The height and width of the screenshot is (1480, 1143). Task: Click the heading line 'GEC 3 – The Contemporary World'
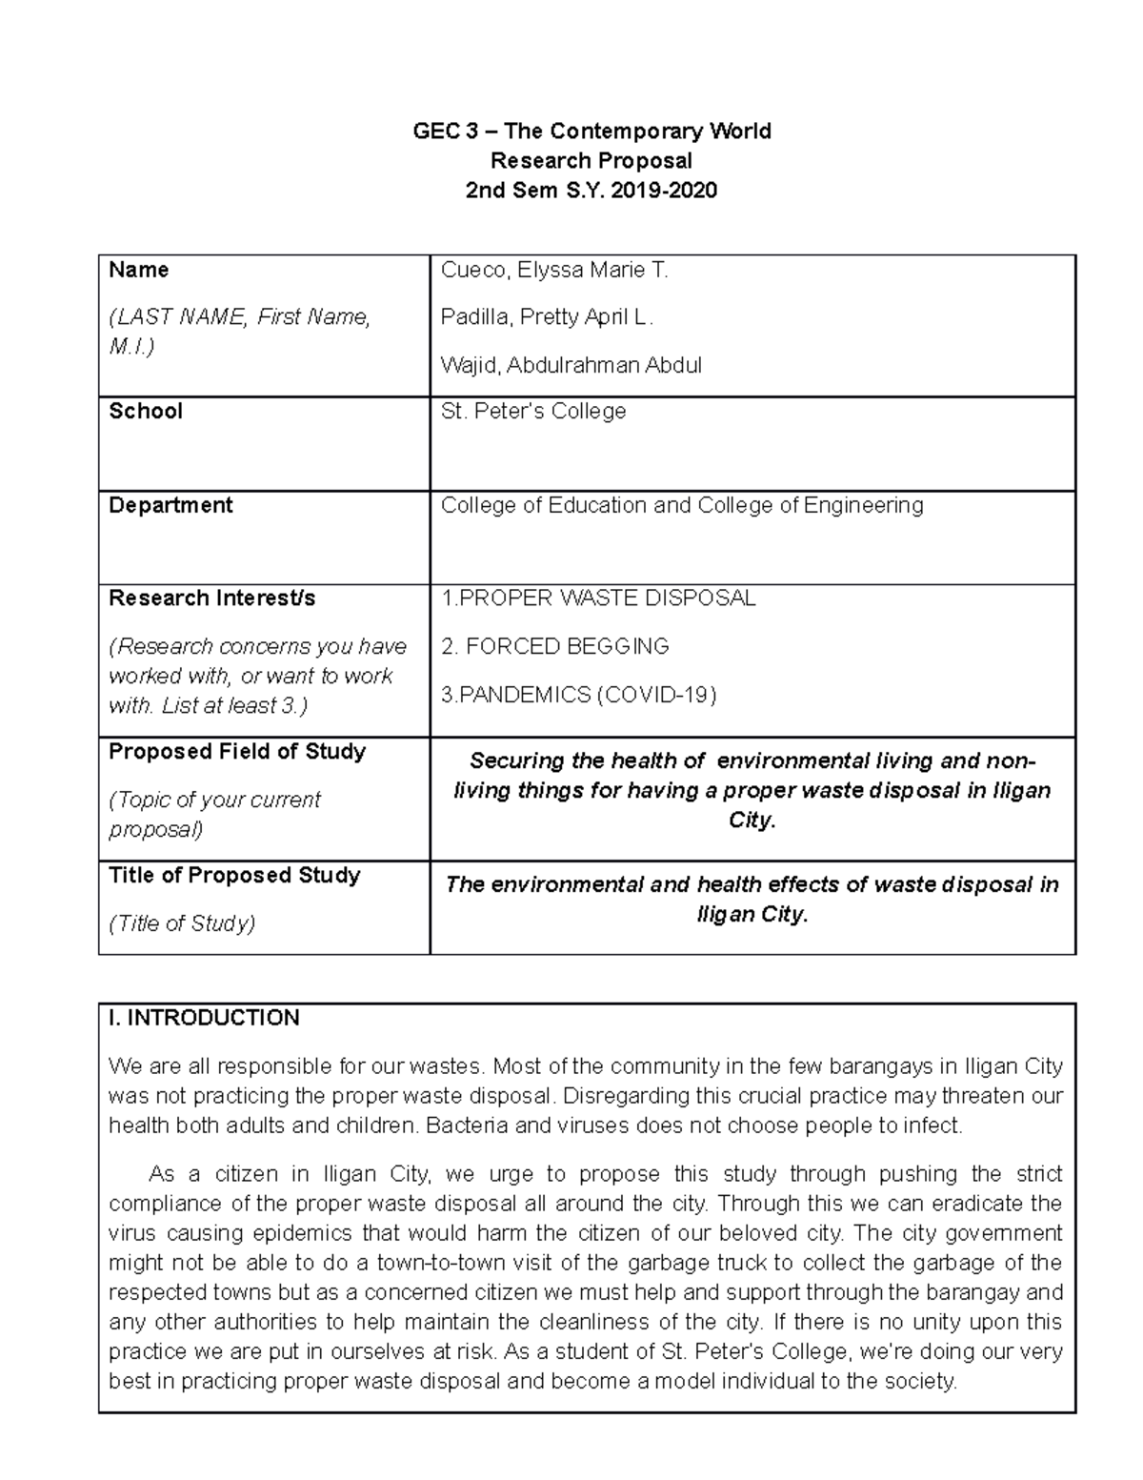pyautogui.click(x=591, y=132)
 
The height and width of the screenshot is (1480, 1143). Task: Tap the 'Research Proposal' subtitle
pyautogui.click(x=591, y=161)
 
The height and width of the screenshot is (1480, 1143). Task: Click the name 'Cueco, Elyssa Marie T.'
pyautogui.click(x=554, y=271)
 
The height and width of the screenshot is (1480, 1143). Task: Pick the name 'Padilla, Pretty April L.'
pyautogui.click(x=547, y=317)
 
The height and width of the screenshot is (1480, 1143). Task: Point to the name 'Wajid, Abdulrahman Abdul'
pyautogui.click(x=571, y=365)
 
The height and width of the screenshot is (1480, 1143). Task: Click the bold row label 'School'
pyautogui.click(x=146, y=412)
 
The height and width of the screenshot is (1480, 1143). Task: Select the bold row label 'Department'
pyautogui.click(x=170, y=505)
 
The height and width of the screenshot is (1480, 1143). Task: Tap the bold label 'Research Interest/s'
pyautogui.click(x=211, y=598)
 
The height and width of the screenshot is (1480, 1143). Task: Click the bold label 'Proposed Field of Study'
pyautogui.click(x=237, y=752)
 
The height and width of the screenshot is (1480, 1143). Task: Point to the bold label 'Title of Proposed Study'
pyautogui.click(x=234, y=876)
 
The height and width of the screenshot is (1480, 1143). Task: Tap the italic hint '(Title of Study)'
pyautogui.click(x=182, y=923)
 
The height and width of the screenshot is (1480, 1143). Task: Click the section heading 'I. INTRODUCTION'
pyautogui.click(x=204, y=1018)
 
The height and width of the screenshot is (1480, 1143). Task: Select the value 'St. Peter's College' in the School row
pyautogui.click(x=533, y=412)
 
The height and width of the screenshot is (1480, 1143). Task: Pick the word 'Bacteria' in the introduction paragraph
pyautogui.click(x=464, y=1125)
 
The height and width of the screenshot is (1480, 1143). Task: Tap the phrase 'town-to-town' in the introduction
pyautogui.click(x=438, y=1263)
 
